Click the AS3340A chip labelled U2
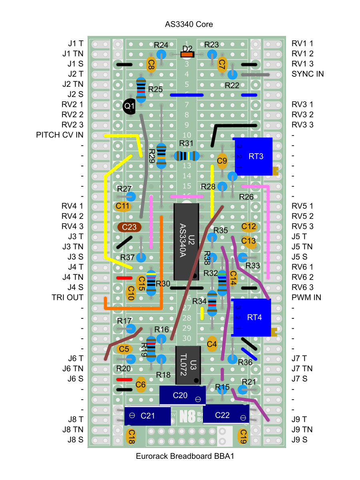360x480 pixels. (x=186, y=242)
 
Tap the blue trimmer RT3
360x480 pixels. (x=254, y=156)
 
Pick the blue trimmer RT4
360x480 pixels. (x=252, y=317)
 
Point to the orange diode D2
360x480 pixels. (x=188, y=54)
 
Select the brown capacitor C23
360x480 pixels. (x=130, y=227)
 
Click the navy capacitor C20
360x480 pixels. (x=182, y=395)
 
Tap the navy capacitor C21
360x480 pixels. (x=147, y=416)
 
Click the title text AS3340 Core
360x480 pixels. (x=189, y=24)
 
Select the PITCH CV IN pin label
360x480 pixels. (x=60, y=135)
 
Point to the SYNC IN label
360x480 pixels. (x=308, y=74)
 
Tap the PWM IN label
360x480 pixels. (x=306, y=298)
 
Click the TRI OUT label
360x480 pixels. (x=67, y=298)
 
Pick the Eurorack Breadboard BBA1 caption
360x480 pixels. (x=184, y=456)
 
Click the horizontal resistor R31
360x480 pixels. (x=186, y=156)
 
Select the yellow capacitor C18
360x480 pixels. (x=131, y=436)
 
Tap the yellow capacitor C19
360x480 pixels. (x=242, y=436)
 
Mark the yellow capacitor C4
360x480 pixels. (x=212, y=344)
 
